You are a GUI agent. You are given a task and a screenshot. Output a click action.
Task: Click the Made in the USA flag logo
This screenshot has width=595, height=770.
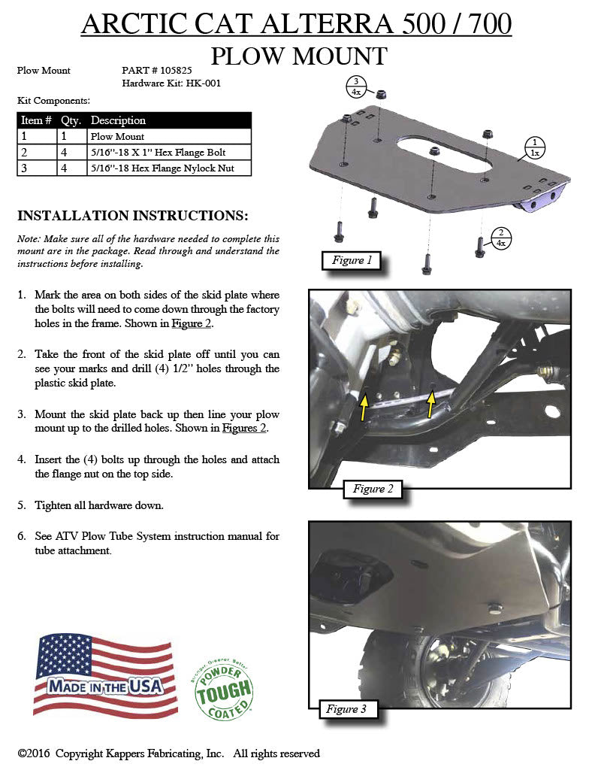click(105, 675)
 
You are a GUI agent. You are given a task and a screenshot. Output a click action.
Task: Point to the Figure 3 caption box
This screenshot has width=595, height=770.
click(346, 708)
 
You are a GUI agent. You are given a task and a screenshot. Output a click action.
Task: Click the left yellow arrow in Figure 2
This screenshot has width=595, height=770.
click(364, 406)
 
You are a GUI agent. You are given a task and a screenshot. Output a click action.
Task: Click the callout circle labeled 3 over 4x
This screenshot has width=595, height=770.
click(356, 87)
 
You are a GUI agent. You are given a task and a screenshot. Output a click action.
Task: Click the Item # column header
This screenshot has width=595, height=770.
click(36, 120)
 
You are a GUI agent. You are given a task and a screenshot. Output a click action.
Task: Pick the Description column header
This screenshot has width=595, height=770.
click(118, 120)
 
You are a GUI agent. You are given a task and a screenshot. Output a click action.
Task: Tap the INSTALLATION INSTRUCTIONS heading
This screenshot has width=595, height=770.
click(132, 216)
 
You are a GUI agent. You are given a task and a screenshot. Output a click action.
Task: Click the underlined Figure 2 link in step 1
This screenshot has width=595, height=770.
click(192, 324)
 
